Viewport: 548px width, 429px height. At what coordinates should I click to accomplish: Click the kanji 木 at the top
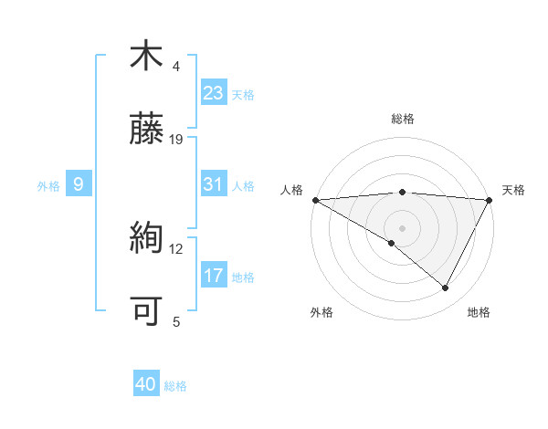[145, 56]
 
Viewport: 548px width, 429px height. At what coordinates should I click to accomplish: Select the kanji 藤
[145, 129]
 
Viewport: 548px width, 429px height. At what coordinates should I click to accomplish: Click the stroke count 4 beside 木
[176, 66]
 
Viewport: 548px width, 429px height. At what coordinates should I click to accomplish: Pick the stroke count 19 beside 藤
[176, 139]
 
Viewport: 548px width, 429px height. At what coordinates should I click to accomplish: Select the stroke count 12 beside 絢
[176, 248]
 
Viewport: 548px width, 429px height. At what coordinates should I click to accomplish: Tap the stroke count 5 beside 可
[176, 321]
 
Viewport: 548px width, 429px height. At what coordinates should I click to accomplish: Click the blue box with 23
[214, 93]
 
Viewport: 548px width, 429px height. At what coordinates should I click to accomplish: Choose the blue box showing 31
[214, 184]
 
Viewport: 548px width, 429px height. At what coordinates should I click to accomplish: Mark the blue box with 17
[214, 276]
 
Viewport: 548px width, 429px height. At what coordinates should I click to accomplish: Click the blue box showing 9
[79, 185]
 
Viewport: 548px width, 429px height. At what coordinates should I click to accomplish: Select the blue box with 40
[146, 385]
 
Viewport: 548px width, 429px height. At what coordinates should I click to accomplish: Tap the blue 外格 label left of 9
[48, 186]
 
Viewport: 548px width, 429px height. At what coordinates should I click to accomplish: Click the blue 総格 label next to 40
[175, 386]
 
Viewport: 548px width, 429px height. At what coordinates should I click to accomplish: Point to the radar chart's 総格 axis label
[402, 119]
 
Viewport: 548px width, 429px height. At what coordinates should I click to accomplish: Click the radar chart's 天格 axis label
[513, 190]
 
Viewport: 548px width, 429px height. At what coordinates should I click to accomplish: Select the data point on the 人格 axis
[315, 200]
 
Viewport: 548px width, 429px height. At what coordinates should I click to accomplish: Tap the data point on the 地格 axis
[446, 288]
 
